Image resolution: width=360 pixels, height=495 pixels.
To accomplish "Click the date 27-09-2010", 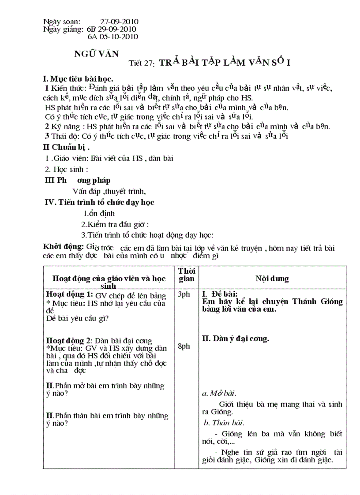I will tap(119, 21).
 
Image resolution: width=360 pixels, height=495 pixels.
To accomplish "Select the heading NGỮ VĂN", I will tap(96, 54).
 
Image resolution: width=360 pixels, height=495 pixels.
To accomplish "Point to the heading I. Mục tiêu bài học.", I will tap(78, 79).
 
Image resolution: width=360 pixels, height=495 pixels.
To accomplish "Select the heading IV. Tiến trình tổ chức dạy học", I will tap(99, 202).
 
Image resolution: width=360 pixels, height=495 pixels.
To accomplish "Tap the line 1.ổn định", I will tap(99, 213).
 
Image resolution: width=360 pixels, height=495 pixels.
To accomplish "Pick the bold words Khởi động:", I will tap(63, 246).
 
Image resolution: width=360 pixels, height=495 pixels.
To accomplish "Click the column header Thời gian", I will tap(187, 275).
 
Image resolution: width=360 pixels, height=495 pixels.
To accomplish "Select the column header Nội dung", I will tap(272, 279).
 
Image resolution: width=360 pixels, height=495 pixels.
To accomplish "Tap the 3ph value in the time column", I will tap(184, 294).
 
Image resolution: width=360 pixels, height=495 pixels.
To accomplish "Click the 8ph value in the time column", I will tap(184, 346).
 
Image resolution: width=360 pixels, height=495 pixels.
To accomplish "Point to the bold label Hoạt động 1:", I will tap(70, 294).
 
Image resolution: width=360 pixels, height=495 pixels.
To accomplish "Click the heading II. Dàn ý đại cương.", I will tap(235, 339).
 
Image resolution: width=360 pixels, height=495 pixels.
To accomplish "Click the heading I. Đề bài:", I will tap(220, 294).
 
